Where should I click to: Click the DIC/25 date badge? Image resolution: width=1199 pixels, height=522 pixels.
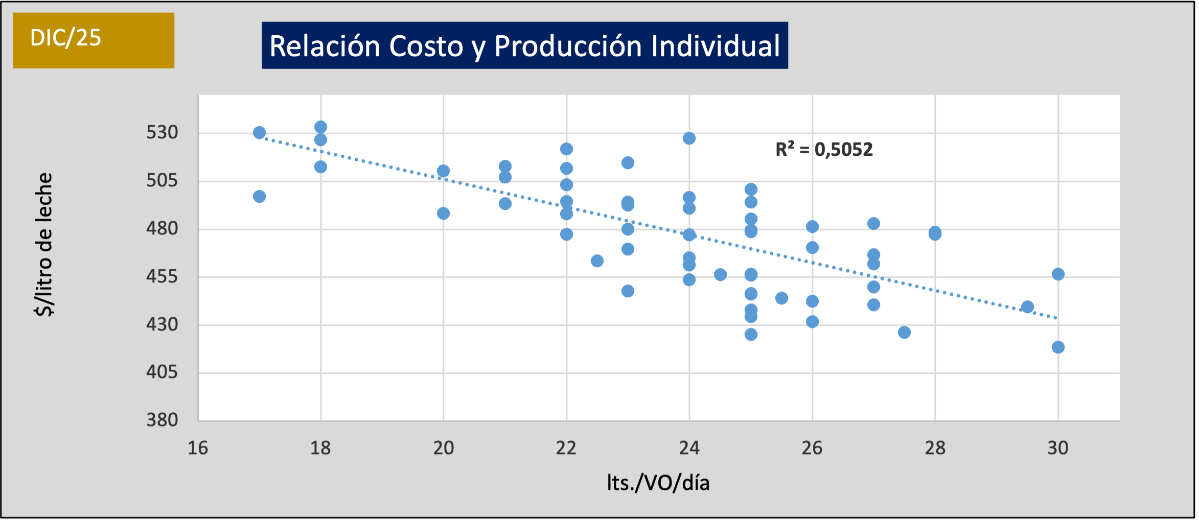[93, 40]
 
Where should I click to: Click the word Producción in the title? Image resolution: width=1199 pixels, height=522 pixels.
[568, 46]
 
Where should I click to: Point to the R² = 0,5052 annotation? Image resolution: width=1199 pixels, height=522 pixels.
[824, 150]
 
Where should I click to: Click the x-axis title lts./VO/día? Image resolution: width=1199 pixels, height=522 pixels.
[658, 483]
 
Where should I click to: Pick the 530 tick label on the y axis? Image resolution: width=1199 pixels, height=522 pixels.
[162, 133]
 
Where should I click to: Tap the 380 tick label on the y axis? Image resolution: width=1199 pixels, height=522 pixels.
[162, 420]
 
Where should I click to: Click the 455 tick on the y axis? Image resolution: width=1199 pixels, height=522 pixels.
[162, 277]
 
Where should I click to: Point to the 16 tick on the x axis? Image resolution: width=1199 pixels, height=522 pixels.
[198, 448]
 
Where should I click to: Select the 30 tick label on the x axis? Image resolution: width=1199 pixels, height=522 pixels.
[1057, 448]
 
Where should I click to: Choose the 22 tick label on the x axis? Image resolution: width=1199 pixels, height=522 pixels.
[566, 448]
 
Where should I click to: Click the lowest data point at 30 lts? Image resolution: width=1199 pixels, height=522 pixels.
[1058, 347]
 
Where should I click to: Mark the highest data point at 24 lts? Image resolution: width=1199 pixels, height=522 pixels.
[689, 138]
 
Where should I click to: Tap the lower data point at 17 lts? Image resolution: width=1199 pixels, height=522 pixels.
[259, 197]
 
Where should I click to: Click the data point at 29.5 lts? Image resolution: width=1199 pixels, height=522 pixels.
[1027, 307]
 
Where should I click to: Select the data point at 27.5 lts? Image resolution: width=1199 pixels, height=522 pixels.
[904, 333]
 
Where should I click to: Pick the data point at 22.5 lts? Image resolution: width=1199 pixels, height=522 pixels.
[597, 261]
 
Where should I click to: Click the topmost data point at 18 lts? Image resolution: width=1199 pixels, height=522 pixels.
[320, 127]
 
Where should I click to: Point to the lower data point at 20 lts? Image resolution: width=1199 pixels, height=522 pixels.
[443, 213]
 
